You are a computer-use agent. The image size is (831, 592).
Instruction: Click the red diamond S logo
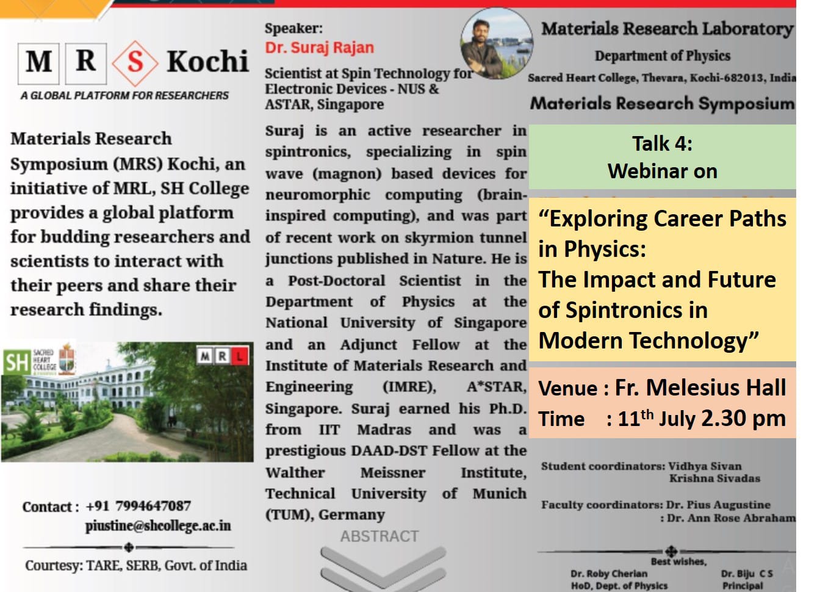[135, 63]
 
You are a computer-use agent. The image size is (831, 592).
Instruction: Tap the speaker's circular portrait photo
[497, 43]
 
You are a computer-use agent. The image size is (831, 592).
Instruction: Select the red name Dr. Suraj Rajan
[320, 48]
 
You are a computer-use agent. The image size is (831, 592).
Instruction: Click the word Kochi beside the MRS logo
[207, 61]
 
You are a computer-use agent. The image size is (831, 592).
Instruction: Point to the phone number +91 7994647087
[138, 506]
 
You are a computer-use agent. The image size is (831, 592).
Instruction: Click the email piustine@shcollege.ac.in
[158, 526]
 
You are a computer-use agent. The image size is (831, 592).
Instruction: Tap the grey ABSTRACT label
[380, 536]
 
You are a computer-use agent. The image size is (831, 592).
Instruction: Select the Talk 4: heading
[662, 143]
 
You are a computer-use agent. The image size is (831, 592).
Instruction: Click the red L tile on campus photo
[240, 356]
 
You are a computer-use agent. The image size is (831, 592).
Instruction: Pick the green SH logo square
[16, 363]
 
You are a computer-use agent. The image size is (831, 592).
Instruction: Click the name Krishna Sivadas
[714, 478]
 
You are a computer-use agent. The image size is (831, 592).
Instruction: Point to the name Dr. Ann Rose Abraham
[731, 518]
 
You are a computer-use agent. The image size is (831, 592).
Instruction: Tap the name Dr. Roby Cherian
[609, 574]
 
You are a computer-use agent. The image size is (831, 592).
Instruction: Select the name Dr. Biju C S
[747, 574]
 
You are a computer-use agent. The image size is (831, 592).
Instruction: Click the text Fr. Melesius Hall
[700, 388]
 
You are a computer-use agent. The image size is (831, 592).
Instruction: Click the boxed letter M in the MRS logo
[38, 63]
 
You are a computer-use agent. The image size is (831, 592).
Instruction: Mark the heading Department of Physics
[663, 56]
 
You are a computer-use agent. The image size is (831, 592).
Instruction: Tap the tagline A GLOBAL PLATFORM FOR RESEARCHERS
[124, 95]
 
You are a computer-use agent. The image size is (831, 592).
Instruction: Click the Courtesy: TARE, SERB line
[136, 565]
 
